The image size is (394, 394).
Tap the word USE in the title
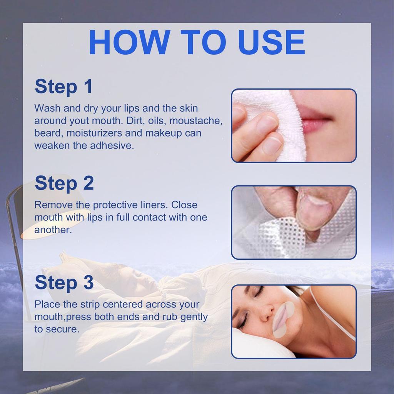click(x=272, y=42)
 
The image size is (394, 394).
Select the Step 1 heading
click(x=63, y=87)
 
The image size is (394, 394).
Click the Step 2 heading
click(x=64, y=184)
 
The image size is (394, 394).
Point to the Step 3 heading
click(x=64, y=283)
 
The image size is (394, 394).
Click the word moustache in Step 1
click(x=196, y=121)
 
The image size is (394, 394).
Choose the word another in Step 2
click(x=53, y=230)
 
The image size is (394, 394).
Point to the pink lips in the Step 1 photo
click(x=316, y=119)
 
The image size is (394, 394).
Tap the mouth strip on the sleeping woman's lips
click(x=283, y=319)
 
